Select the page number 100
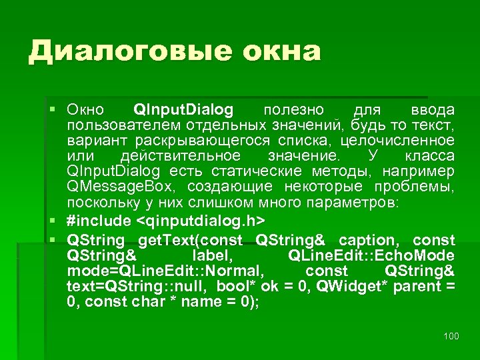pos(451,335)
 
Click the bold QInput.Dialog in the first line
pos(183,109)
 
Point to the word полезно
pos(294,109)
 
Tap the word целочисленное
pos(398,140)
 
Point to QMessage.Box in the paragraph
pos(123,186)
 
